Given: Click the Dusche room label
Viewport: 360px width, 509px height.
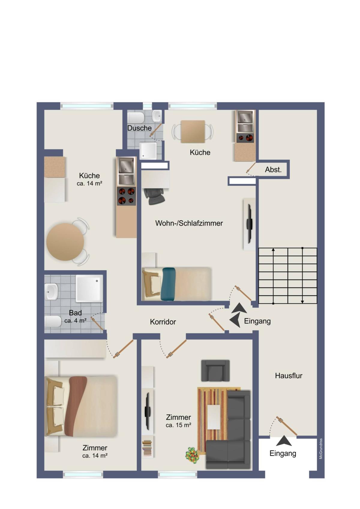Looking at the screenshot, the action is coord(139,128).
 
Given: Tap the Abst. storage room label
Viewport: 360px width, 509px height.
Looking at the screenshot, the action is coord(273,169).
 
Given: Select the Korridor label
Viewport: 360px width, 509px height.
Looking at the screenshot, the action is coord(163,322).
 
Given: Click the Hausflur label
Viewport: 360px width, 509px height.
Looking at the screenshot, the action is coord(289,376).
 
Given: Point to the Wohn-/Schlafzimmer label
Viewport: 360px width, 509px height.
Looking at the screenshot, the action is coord(189,223).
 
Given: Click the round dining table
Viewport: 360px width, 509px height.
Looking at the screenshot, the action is coord(65,242).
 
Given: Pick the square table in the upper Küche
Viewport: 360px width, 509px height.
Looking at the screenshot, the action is coord(193,132).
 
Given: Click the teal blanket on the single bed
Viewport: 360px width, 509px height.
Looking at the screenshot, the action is coord(168,284).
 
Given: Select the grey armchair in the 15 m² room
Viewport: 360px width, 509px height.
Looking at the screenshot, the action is coord(215,371).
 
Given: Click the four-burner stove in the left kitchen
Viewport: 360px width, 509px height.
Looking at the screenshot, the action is coord(126,196).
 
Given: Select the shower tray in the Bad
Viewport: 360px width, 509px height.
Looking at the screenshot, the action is coord(89,289).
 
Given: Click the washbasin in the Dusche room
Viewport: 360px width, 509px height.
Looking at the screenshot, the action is coord(157,116).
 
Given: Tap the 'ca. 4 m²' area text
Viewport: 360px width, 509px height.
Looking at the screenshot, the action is coord(75,321).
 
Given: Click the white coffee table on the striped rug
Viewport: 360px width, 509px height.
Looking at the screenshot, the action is coord(214,417).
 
